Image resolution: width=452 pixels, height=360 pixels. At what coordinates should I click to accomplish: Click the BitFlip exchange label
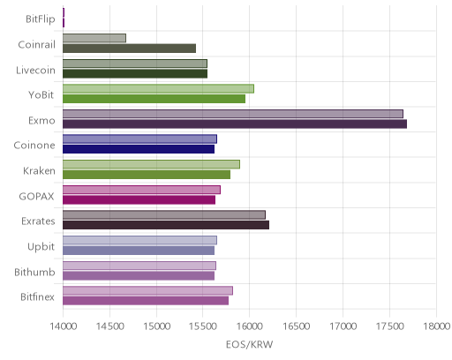(x=41, y=19)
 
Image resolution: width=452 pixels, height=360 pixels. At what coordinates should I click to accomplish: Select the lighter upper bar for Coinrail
(x=94, y=38)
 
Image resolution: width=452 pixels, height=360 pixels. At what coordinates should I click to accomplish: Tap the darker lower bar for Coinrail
(x=130, y=49)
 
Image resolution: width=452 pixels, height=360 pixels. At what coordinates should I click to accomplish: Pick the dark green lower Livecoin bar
(x=135, y=73)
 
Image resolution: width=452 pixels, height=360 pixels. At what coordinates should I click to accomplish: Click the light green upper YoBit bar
(x=158, y=89)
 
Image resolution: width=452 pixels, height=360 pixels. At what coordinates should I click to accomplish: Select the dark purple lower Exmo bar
(x=235, y=124)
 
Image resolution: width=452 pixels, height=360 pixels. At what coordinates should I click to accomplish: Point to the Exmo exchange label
(x=41, y=121)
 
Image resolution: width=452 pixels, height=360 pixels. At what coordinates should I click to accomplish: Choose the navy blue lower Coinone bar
(x=139, y=149)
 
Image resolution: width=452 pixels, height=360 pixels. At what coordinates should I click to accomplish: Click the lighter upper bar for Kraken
(x=151, y=164)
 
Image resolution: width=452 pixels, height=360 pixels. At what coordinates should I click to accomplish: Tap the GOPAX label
(x=36, y=196)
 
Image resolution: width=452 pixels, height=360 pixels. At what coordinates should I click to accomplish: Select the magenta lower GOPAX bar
(x=139, y=200)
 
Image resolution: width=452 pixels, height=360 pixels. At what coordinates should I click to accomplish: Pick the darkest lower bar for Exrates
(x=166, y=225)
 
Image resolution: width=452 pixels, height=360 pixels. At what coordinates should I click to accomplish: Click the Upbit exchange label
(x=41, y=247)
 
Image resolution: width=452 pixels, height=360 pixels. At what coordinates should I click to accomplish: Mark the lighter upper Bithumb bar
(x=139, y=266)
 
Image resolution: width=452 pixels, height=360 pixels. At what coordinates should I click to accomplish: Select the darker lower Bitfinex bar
(x=146, y=301)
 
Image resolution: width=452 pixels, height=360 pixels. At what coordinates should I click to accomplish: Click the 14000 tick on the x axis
(x=64, y=326)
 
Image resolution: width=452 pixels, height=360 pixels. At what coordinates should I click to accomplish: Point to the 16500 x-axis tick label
(x=297, y=326)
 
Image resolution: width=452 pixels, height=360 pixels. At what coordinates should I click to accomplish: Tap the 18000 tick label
(x=437, y=326)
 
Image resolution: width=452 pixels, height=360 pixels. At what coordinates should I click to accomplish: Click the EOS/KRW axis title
(x=249, y=344)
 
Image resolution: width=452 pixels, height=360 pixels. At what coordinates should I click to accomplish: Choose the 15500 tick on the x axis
(x=203, y=326)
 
